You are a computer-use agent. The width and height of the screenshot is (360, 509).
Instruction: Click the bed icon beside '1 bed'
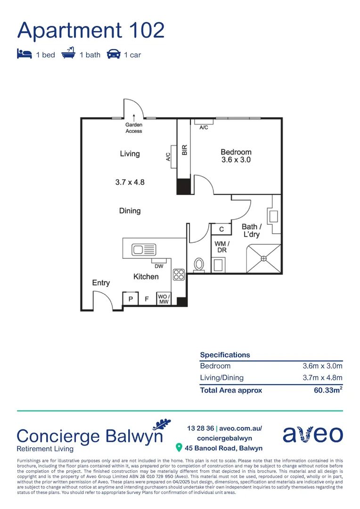click(x=25, y=54)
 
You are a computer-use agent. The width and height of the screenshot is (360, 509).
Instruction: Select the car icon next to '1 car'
click(x=113, y=54)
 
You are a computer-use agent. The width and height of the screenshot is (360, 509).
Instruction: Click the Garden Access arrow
click(x=134, y=118)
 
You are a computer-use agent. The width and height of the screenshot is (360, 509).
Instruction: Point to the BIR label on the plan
click(x=185, y=150)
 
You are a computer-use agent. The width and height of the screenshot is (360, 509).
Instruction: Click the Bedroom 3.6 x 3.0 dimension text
click(x=236, y=160)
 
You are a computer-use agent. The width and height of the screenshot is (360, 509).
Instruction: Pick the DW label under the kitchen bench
click(x=158, y=266)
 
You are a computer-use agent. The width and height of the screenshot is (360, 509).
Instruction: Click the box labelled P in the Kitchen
click(x=131, y=299)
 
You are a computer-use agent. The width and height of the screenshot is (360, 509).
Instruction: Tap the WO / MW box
click(x=164, y=299)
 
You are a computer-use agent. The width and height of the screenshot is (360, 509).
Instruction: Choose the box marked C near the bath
click(x=221, y=230)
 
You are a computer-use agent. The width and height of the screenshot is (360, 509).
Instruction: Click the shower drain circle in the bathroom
click(x=263, y=258)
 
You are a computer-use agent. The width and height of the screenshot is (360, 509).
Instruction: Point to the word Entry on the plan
click(x=101, y=283)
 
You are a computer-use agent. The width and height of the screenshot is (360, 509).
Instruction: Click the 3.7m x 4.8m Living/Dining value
click(x=322, y=378)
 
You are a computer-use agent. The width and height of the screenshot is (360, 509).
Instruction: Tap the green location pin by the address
click(x=179, y=447)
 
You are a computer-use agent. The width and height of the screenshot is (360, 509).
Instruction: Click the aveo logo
click(x=312, y=434)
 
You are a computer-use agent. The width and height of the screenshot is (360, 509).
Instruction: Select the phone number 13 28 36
click(x=200, y=428)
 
